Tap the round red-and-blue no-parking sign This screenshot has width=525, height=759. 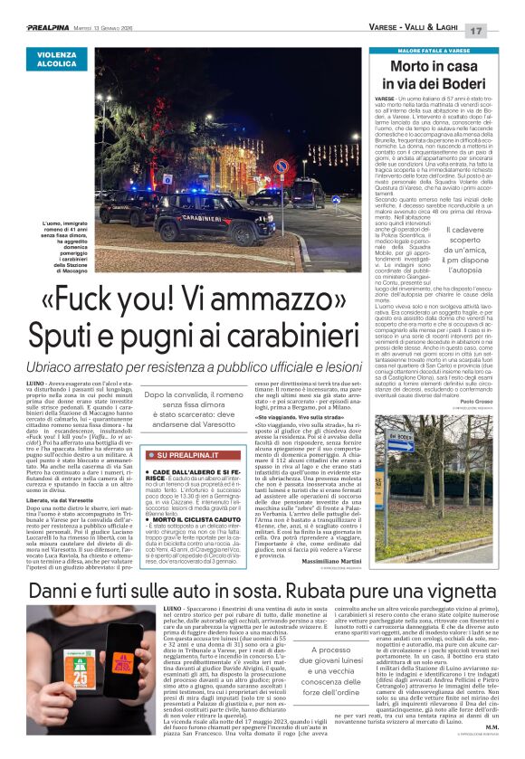pos(280,166)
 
